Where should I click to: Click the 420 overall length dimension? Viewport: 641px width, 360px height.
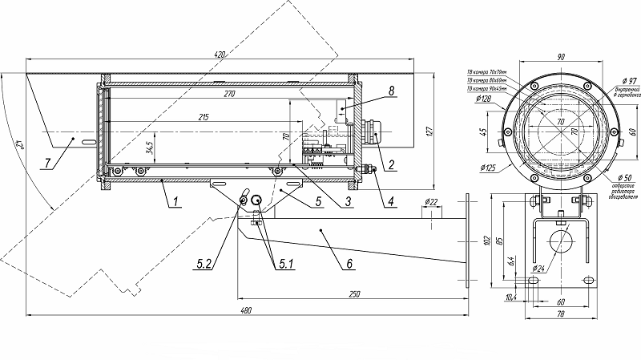[x=220, y=54]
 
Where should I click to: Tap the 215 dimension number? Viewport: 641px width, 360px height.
[x=204, y=118]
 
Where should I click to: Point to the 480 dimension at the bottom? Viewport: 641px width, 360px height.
[x=246, y=309]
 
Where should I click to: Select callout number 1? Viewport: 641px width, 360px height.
[x=173, y=202]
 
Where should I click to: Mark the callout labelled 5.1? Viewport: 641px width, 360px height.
[x=285, y=261]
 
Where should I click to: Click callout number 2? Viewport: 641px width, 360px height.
[x=391, y=167]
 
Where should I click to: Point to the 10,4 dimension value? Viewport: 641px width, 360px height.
[x=510, y=297]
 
